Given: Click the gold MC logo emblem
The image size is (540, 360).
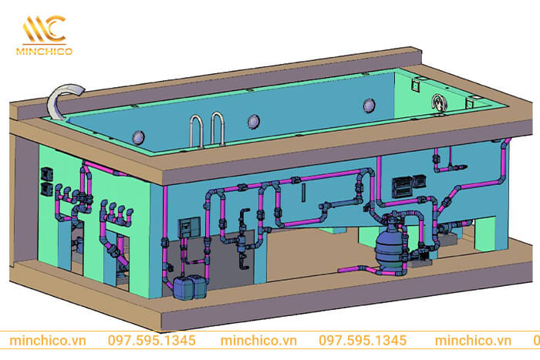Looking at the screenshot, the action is point(44,29).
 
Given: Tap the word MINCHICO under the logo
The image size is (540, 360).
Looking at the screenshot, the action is point(45,52).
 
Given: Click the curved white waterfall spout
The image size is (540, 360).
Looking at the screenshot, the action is point(59,99).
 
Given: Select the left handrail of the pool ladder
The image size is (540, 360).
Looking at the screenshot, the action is point(196,131).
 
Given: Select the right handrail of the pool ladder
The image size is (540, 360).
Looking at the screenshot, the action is point(218,128).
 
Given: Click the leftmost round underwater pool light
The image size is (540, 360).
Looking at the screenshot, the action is point(138,137).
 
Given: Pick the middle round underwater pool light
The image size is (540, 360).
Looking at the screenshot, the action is point(254,121).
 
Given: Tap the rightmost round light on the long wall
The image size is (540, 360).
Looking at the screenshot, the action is point(369,105).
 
